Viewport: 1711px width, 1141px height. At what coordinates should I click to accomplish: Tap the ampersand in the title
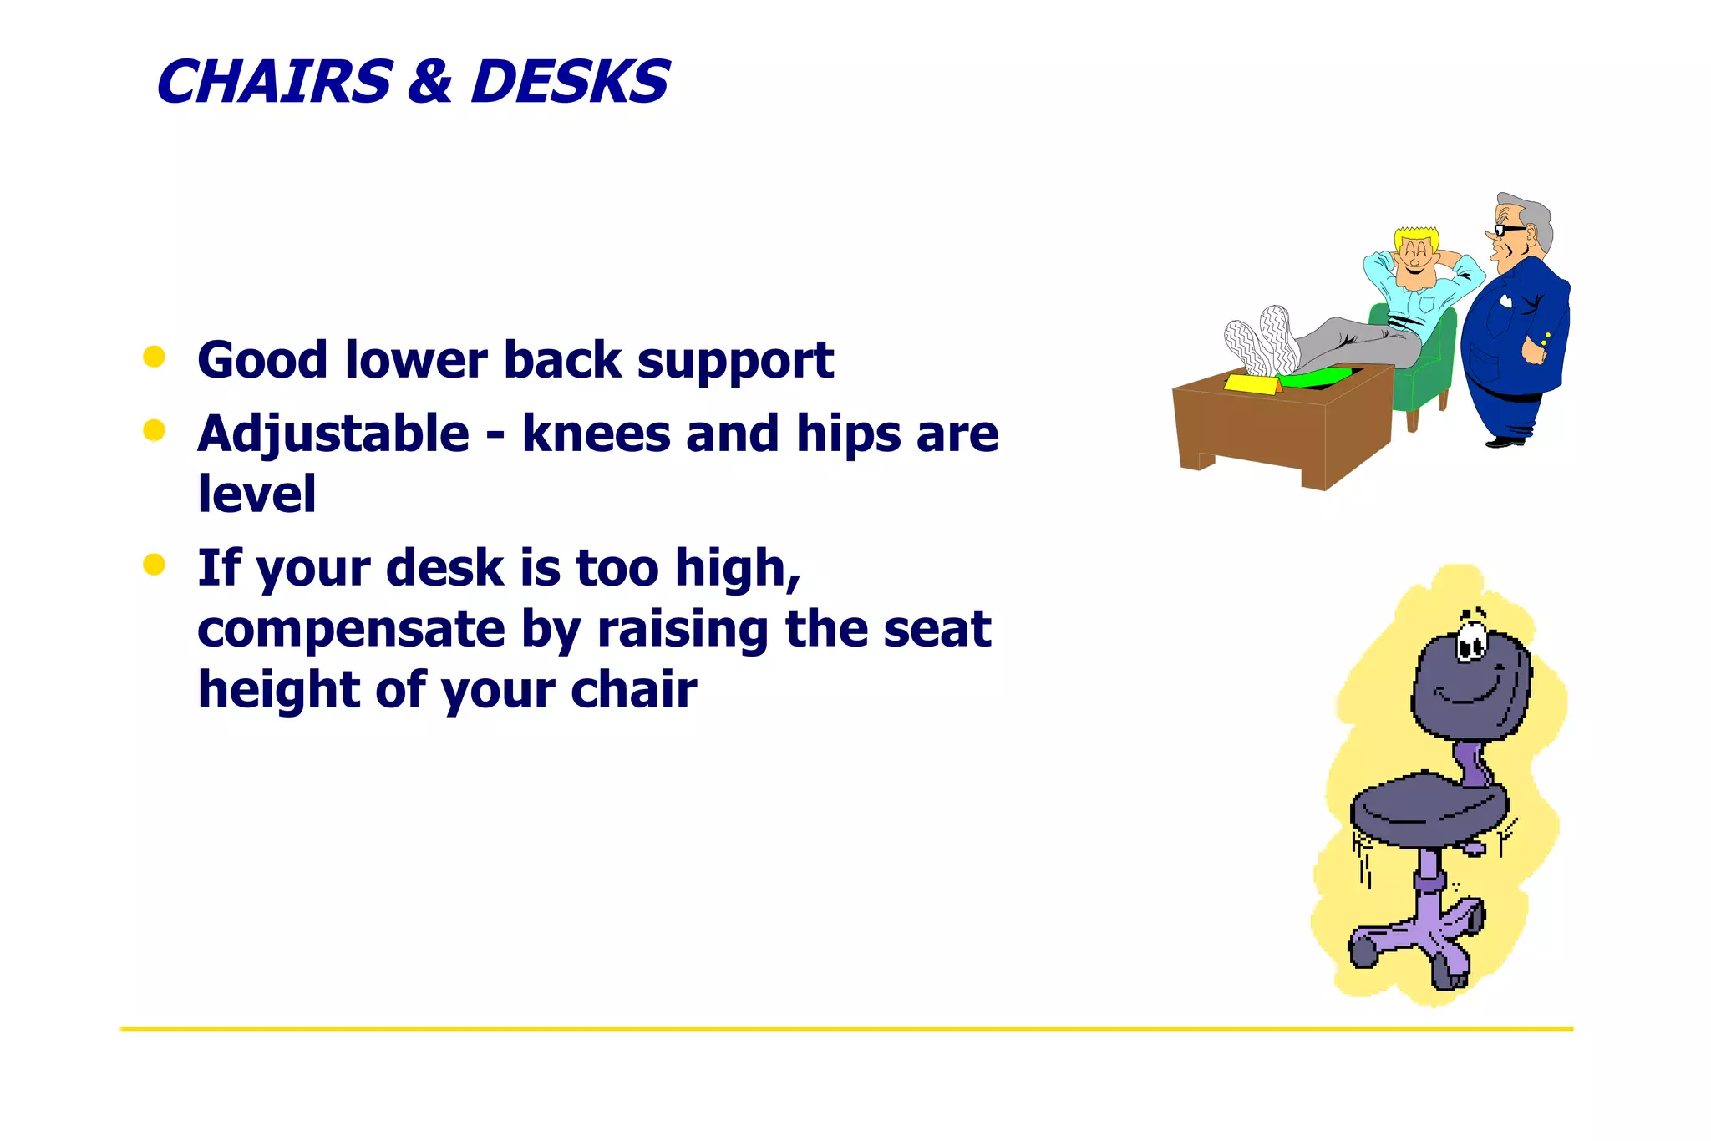point(429,82)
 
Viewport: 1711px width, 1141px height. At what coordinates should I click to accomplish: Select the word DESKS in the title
point(570,82)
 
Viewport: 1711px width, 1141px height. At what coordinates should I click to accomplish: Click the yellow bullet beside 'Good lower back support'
point(154,357)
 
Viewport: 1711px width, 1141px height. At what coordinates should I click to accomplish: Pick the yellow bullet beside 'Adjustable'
point(154,430)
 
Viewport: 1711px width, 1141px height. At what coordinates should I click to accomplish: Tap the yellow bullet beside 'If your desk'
point(154,565)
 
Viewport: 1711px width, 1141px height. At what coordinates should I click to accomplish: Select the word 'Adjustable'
point(333,435)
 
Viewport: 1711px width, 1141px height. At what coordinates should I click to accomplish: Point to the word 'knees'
point(596,435)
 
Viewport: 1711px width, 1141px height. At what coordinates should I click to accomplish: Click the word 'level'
point(256,493)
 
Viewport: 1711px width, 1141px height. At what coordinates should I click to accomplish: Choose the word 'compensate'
point(351,631)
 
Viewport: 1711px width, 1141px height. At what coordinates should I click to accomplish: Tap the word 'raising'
point(683,631)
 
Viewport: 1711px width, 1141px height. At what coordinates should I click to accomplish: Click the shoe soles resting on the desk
point(1262,341)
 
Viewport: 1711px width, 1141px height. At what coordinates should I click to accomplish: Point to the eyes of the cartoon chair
point(1471,646)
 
